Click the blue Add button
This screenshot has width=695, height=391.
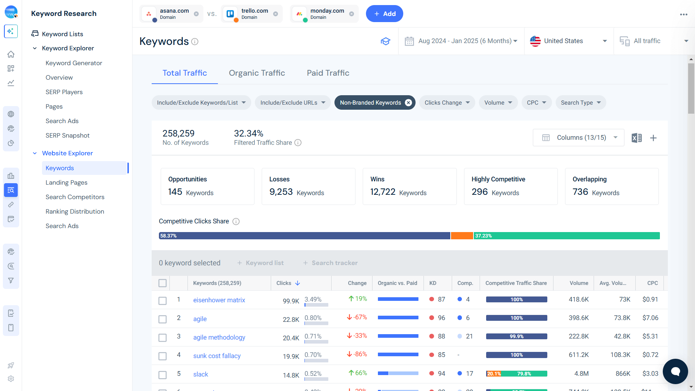click(x=384, y=14)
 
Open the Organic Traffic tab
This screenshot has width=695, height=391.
click(x=257, y=73)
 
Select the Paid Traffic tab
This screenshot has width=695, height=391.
click(x=328, y=73)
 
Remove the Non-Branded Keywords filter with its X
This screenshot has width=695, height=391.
click(x=408, y=103)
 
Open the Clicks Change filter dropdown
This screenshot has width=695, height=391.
click(x=447, y=103)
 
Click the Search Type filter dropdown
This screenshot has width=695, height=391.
click(x=581, y=103)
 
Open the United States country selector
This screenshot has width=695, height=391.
click(x=568, y=41)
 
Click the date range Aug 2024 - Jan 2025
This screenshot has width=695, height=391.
click(x=465, y=41)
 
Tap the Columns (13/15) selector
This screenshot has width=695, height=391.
click(x=578, y=138)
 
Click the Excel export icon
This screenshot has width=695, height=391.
click(x=636, y=138)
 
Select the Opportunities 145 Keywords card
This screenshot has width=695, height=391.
click(x=207, y=186)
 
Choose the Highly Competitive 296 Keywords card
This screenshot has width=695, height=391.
click(x=510, y=186)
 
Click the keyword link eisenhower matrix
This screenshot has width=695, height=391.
click(x=219, y=300)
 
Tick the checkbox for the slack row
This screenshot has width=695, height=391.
click(x=163, y=375)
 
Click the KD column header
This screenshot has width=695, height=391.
click(x=433, y=283)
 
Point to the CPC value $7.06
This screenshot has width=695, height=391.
click(x=650, y=318)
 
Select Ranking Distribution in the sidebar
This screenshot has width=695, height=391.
click(x=75, y=211)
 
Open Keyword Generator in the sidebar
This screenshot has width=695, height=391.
click(x=74, y=63)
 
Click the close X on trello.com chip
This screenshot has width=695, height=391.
click(x=275, y=14)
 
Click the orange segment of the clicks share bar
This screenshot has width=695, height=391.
click(x=462, y=236)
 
